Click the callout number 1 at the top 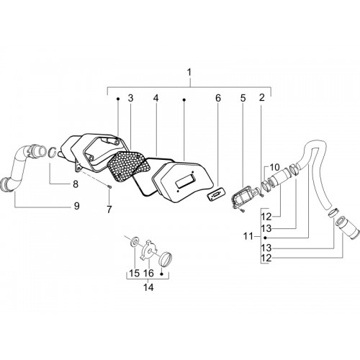coord(189,73)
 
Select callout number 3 coord(130,98)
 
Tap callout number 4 coord(156,98)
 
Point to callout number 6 coord(217,98)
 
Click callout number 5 coord(243,98)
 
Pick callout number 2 coord(261,97)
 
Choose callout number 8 coord(76,184)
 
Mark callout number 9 coord(76,206)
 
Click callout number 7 coord(109,210)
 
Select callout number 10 coord(275,167)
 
